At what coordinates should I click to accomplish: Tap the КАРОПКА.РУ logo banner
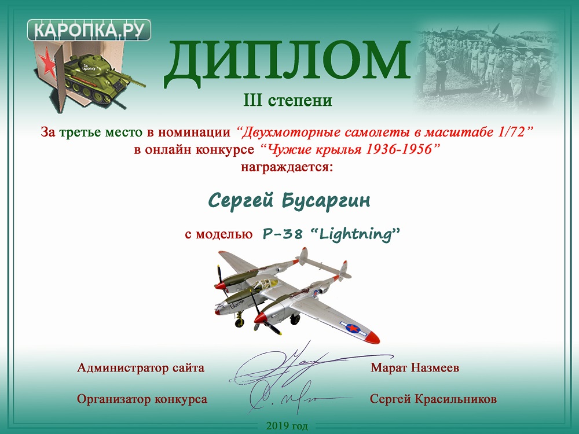(89, 30)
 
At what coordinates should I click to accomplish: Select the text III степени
(288, 100)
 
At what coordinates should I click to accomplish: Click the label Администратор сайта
(141, 368)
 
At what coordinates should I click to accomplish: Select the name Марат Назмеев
(415, 368)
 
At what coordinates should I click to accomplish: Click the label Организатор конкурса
(142, 399)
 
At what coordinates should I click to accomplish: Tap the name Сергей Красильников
(433, 399)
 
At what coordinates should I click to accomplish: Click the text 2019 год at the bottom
(287, 426)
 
